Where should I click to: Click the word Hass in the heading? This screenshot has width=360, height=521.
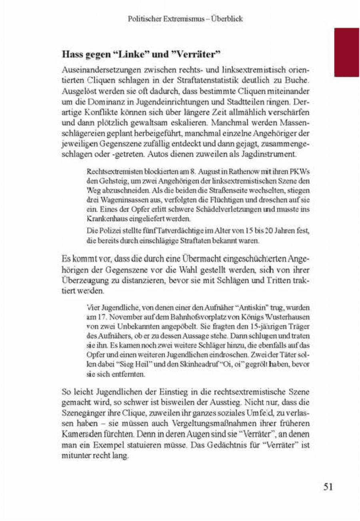coord(71,53)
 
